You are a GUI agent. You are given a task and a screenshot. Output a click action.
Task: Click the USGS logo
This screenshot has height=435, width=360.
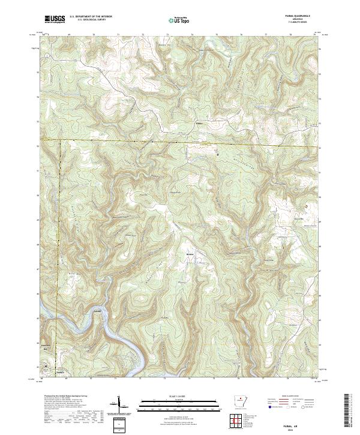[55, 20]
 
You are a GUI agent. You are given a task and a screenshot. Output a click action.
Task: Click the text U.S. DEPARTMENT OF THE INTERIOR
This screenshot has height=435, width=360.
[91, 16]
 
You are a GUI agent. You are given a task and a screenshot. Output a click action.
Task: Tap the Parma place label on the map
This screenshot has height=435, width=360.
[200, 125]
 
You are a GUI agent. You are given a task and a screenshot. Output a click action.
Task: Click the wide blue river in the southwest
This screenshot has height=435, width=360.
[120, 336]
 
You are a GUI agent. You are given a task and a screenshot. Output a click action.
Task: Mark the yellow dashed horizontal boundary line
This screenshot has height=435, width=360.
[180, 143]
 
